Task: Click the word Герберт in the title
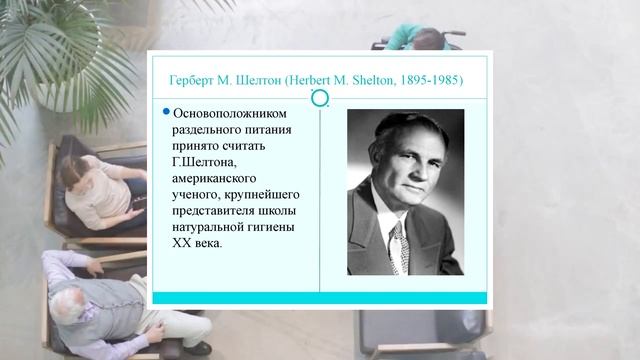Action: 193,78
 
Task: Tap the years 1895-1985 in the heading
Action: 428,78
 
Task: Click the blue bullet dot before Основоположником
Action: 167,112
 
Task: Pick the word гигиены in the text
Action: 276,226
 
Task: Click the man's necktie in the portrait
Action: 398,242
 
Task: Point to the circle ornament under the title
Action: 320,97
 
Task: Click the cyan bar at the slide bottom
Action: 317,297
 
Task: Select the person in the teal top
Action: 420,40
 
